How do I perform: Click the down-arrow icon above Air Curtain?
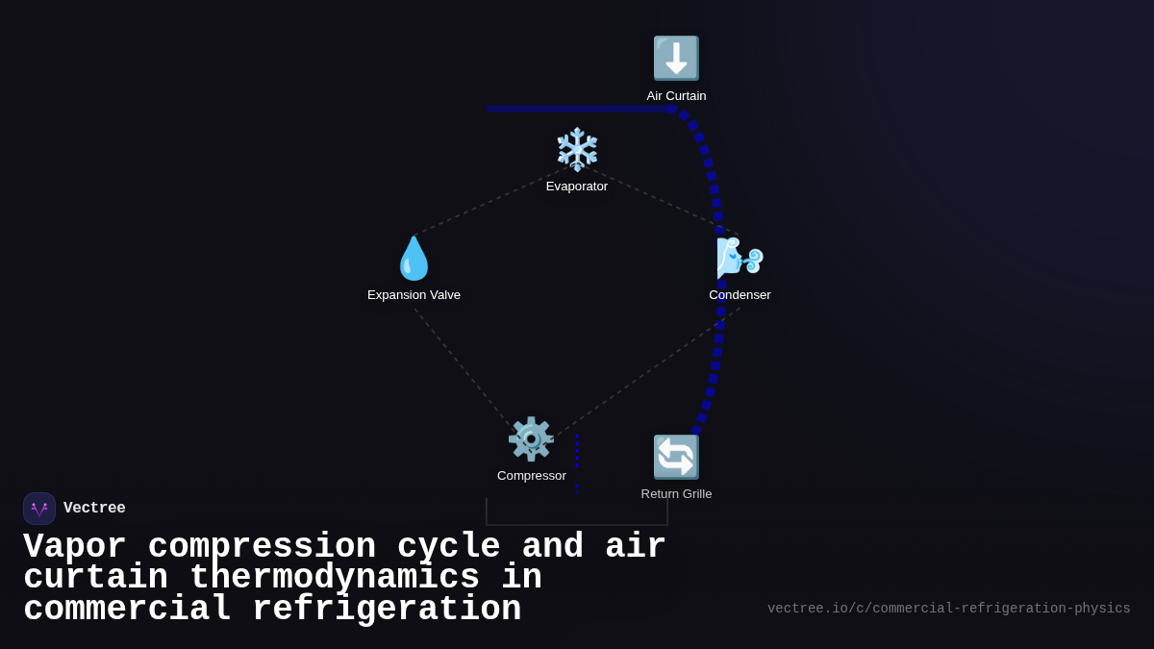tap(676, 59)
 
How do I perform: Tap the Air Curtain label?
tap(676, 96)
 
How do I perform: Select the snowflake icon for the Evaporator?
tap(577, 149)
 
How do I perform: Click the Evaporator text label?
tap(576, 187)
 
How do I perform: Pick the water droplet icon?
tap(414, 258)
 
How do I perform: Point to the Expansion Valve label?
tap(414, 295)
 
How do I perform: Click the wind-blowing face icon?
tap(740, 258)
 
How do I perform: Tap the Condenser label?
tap(740, 295)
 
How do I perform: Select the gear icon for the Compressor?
tap(531, 438)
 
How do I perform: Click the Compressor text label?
tap(531, 476)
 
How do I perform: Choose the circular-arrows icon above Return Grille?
tap(676, 457)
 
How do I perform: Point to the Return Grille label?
tap(676, 494)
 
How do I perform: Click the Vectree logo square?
tap(39, 509)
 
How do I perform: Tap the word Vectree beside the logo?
tap(94, 508)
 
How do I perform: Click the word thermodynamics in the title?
tap(335, 577)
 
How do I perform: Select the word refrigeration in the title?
tap(387, 609)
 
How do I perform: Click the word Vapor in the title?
tap(75, 546)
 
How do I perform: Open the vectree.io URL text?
tap(949, 609)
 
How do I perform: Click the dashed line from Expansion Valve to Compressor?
tap(463, 367)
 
